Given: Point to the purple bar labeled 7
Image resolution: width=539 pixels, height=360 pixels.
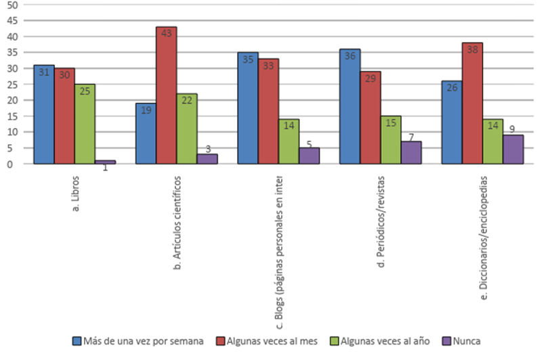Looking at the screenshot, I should [x=411, y=152].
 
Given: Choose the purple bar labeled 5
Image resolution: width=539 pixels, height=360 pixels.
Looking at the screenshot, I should [x=309, y=156].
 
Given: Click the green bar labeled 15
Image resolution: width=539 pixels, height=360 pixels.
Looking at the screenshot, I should [x=391, y=139].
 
